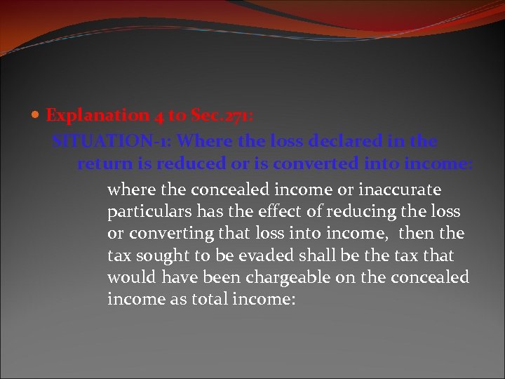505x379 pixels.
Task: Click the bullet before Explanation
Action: coord(38,116)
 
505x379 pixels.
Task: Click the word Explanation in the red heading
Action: coord(97,116)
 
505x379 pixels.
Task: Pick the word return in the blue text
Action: coord(101,164)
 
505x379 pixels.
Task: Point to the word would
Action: coord(131,277)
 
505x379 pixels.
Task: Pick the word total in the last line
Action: coord(198,299)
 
